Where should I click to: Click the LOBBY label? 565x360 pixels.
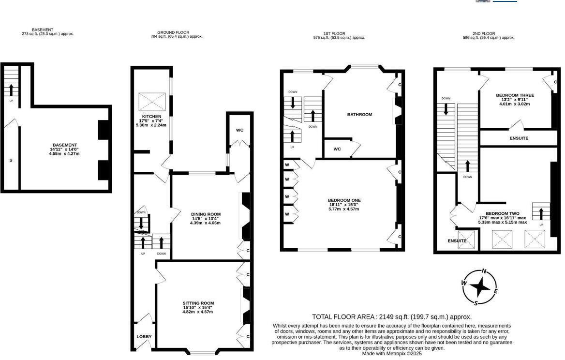click(x=144, y=337)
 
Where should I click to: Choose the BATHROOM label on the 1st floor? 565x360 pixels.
click(x=359, y=115)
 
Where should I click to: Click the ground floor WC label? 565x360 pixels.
click(x=239, y=131)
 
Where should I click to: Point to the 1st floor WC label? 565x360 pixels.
click(x=337, y=149)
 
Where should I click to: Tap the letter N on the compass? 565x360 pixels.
click(x=484, y=271)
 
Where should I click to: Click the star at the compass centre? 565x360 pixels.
click(x=480, y=287)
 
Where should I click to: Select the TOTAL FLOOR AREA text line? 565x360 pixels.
click(x=391, y=317)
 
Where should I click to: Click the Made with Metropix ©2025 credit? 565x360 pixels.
click(x=392, y=354)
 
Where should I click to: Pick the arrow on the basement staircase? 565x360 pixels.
click(x=11, y=89)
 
